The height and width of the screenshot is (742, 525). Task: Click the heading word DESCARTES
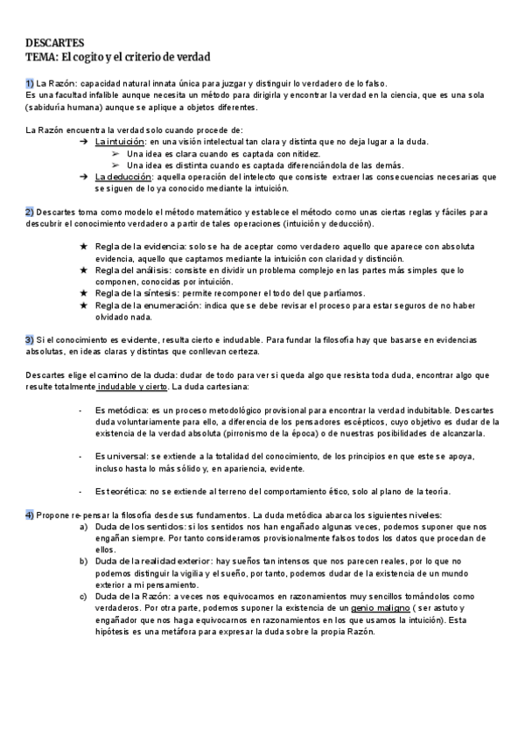click(x=54, y=42)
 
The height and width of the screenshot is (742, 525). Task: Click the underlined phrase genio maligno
click(x=379, y=607)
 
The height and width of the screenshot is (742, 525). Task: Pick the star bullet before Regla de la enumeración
click(x=83, y=305)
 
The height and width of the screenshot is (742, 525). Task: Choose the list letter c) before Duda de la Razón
click(x=83, y=595)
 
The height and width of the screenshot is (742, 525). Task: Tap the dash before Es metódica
click(x=81, y=409)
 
